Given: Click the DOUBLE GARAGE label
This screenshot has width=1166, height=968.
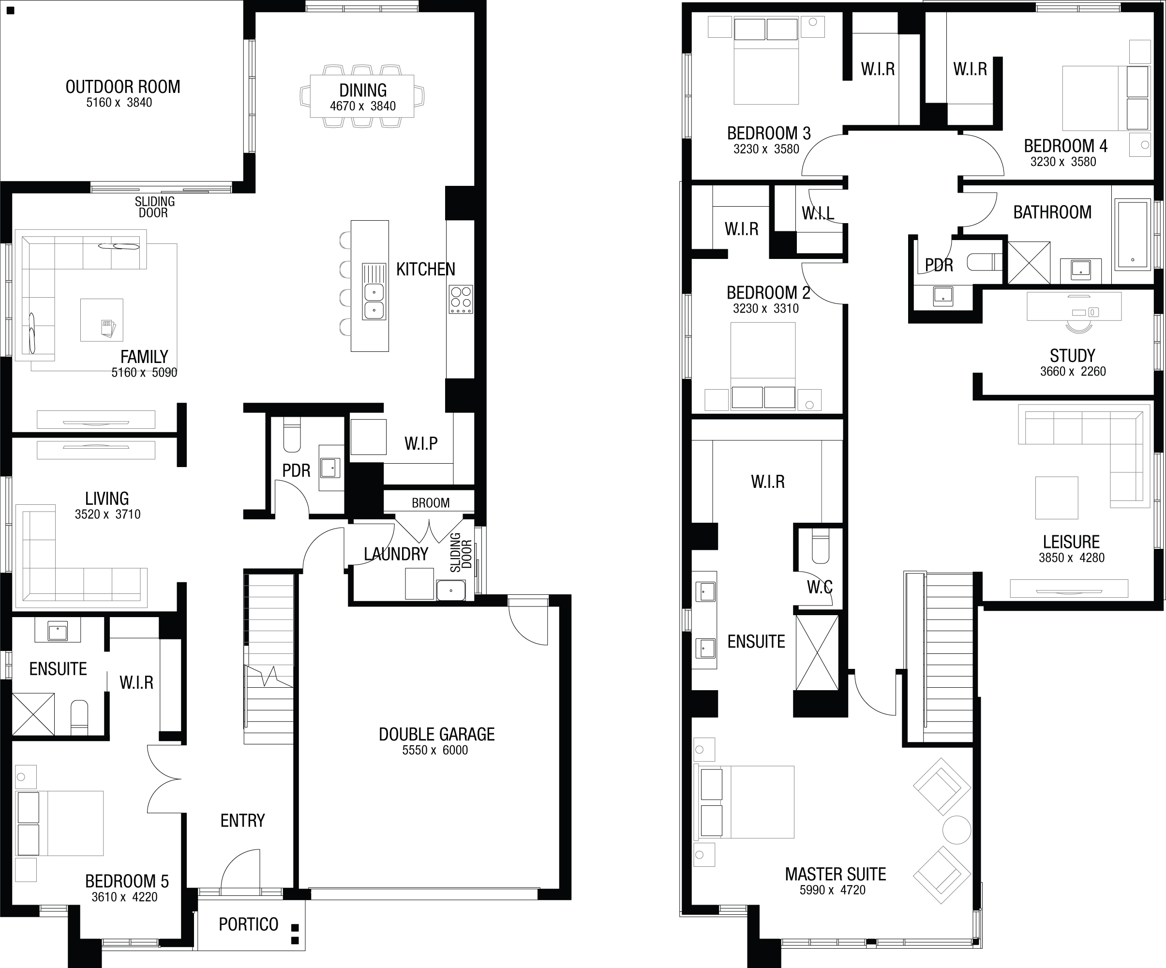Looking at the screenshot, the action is [x=436, y=734].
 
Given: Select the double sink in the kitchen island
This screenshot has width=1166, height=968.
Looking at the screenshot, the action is [x=374, y=291].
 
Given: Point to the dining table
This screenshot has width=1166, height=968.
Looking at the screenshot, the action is [x=362, y=96].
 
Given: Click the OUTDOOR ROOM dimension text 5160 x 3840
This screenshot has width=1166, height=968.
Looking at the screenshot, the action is [x=119, y=102].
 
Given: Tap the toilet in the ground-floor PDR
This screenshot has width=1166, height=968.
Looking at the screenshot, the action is [x=292, y=435].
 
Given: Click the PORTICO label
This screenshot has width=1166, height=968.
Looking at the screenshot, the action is [x=248, y=924].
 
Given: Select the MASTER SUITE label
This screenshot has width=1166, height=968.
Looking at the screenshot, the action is [x=835, y=874].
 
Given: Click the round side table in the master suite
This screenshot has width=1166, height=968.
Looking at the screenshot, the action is [x=957, y=830].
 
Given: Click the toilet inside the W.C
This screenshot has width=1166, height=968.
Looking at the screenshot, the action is [x=820, y=546].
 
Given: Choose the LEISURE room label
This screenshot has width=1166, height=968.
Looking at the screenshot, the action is [x=1071, y=542].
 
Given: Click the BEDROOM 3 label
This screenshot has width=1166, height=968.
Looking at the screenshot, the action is [x=768, y=133].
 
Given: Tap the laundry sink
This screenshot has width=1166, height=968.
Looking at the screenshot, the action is [x=451, y=590].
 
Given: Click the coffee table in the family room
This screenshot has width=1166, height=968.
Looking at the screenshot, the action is [x=102, y=320].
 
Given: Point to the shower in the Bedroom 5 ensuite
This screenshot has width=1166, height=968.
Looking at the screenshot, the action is [x=33, y=714].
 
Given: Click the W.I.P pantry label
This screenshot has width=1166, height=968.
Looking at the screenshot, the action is [x=421, y=443].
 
